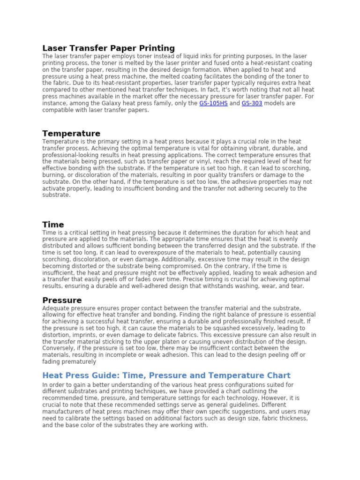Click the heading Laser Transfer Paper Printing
pyautogui.click(x=108, y=48)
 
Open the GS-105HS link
pyautogui.click(x=213, y=103)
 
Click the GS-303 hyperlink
pyautogui.click(x=252, y=103)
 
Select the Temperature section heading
pyautogui.click(x=71, y=134)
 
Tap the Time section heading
pyautogui.click(x=53, y=225)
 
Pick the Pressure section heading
pyautogui.click(x=62, y=300)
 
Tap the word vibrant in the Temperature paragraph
pyautogui.click(x=250, y=149)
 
